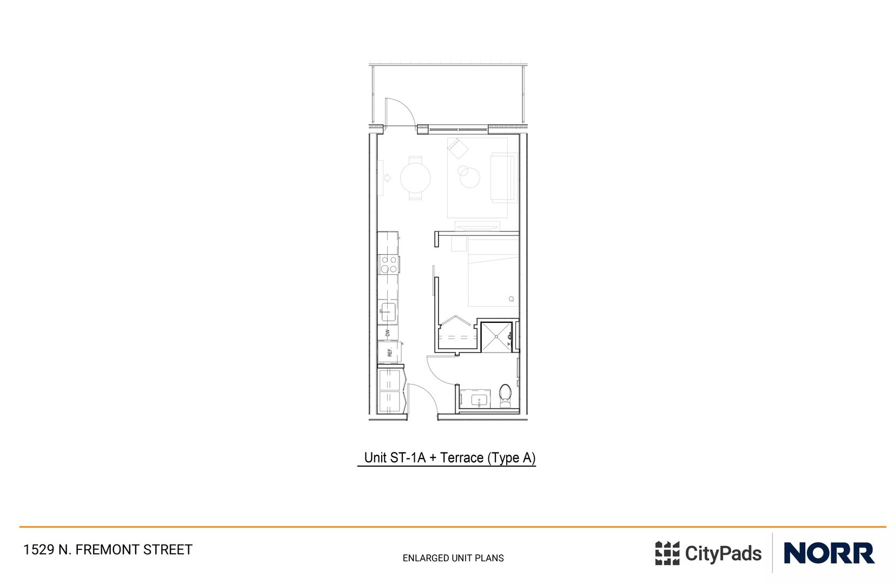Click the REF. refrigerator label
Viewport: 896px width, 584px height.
click(x=389, y=353)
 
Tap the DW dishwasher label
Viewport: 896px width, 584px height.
click(x=388, y=333)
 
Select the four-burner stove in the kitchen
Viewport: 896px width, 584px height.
click(x=389, y=264)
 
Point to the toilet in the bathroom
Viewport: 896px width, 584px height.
click(x=505, y=395)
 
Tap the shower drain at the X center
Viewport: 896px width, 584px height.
click(x=496, y=336)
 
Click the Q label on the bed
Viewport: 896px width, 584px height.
click(x=511, y=299)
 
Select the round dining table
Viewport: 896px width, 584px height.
click(x=415, y=177)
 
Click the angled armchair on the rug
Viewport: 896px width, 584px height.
click(x=458, y=148)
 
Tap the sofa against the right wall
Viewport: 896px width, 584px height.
click(x=503, y=178)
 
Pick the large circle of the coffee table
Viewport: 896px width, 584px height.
click(x=470, y=178)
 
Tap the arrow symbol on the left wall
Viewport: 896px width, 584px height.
click(x=387, y=177)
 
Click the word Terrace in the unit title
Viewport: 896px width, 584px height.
click(x=461, y=458)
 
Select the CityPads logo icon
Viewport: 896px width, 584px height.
click(x=667, y=553)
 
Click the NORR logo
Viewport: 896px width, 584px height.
click(x=828, y=553)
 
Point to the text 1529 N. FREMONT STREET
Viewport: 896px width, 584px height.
click(x=108, y=550)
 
